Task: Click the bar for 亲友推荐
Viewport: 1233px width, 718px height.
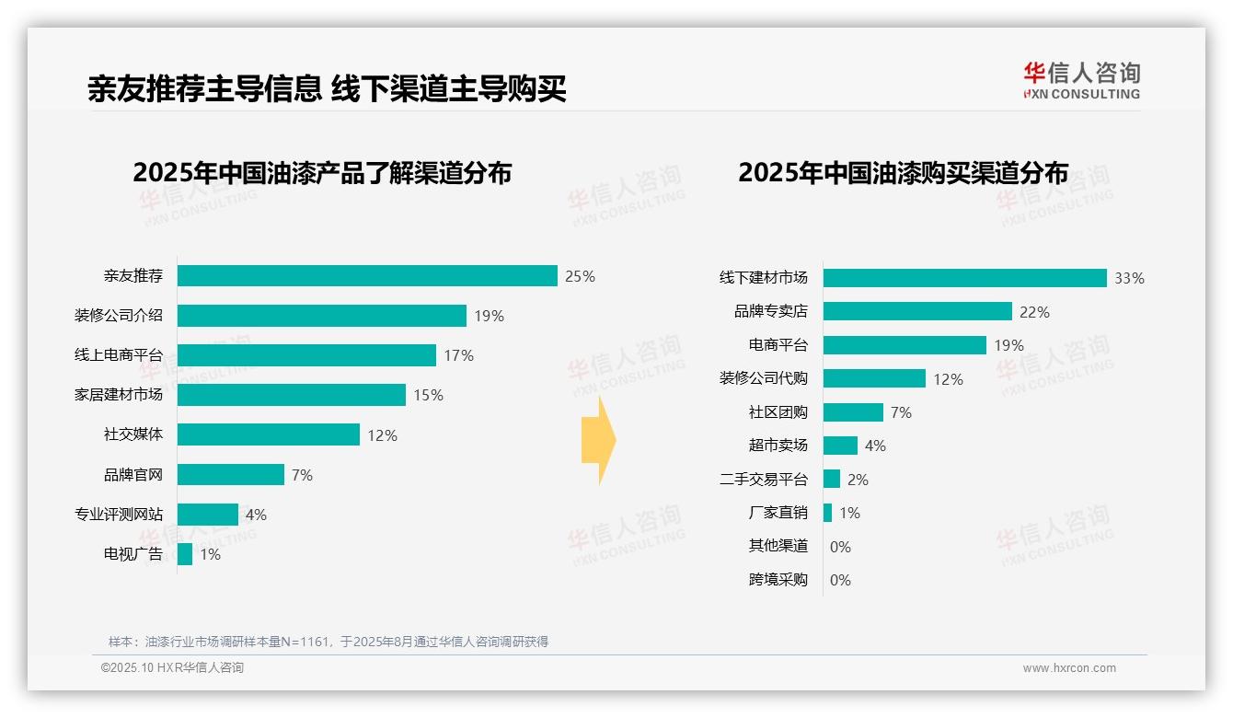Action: tap(367, 276)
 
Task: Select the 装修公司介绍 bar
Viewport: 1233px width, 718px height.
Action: tap(322, 316)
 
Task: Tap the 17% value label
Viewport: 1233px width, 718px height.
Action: tap(458, 355)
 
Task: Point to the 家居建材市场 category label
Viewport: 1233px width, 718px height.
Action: tap(119, 395)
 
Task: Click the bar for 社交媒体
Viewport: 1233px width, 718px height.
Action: tap(269, 434)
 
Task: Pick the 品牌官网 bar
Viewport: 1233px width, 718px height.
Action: tap(231, 475)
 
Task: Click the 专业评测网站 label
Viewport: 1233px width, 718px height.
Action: tap(119, 515)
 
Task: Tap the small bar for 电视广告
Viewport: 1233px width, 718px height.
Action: tap(185, 554)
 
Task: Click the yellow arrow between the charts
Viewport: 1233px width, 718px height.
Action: tap(598, 441)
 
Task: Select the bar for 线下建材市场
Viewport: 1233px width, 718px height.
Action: tap(964, 278)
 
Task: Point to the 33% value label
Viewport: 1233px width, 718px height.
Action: tap(1129, 278)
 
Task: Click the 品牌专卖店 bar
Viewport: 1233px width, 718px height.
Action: tap(917, 312)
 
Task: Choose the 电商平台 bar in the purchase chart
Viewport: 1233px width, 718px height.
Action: tap(905, 345)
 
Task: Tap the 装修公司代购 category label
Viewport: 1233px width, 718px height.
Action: tap(764, 378)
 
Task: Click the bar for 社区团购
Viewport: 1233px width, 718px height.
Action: tap(853, 412)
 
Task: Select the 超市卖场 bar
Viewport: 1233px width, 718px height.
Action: tap(840, 446)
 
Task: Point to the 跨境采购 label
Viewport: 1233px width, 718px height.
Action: tap(778, 580)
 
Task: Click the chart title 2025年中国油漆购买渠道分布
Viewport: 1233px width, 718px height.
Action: tap(903, 173)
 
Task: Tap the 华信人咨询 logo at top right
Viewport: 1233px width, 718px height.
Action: tap(1081, 80)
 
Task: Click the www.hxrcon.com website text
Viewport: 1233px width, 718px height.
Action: tap(1069, 668)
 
